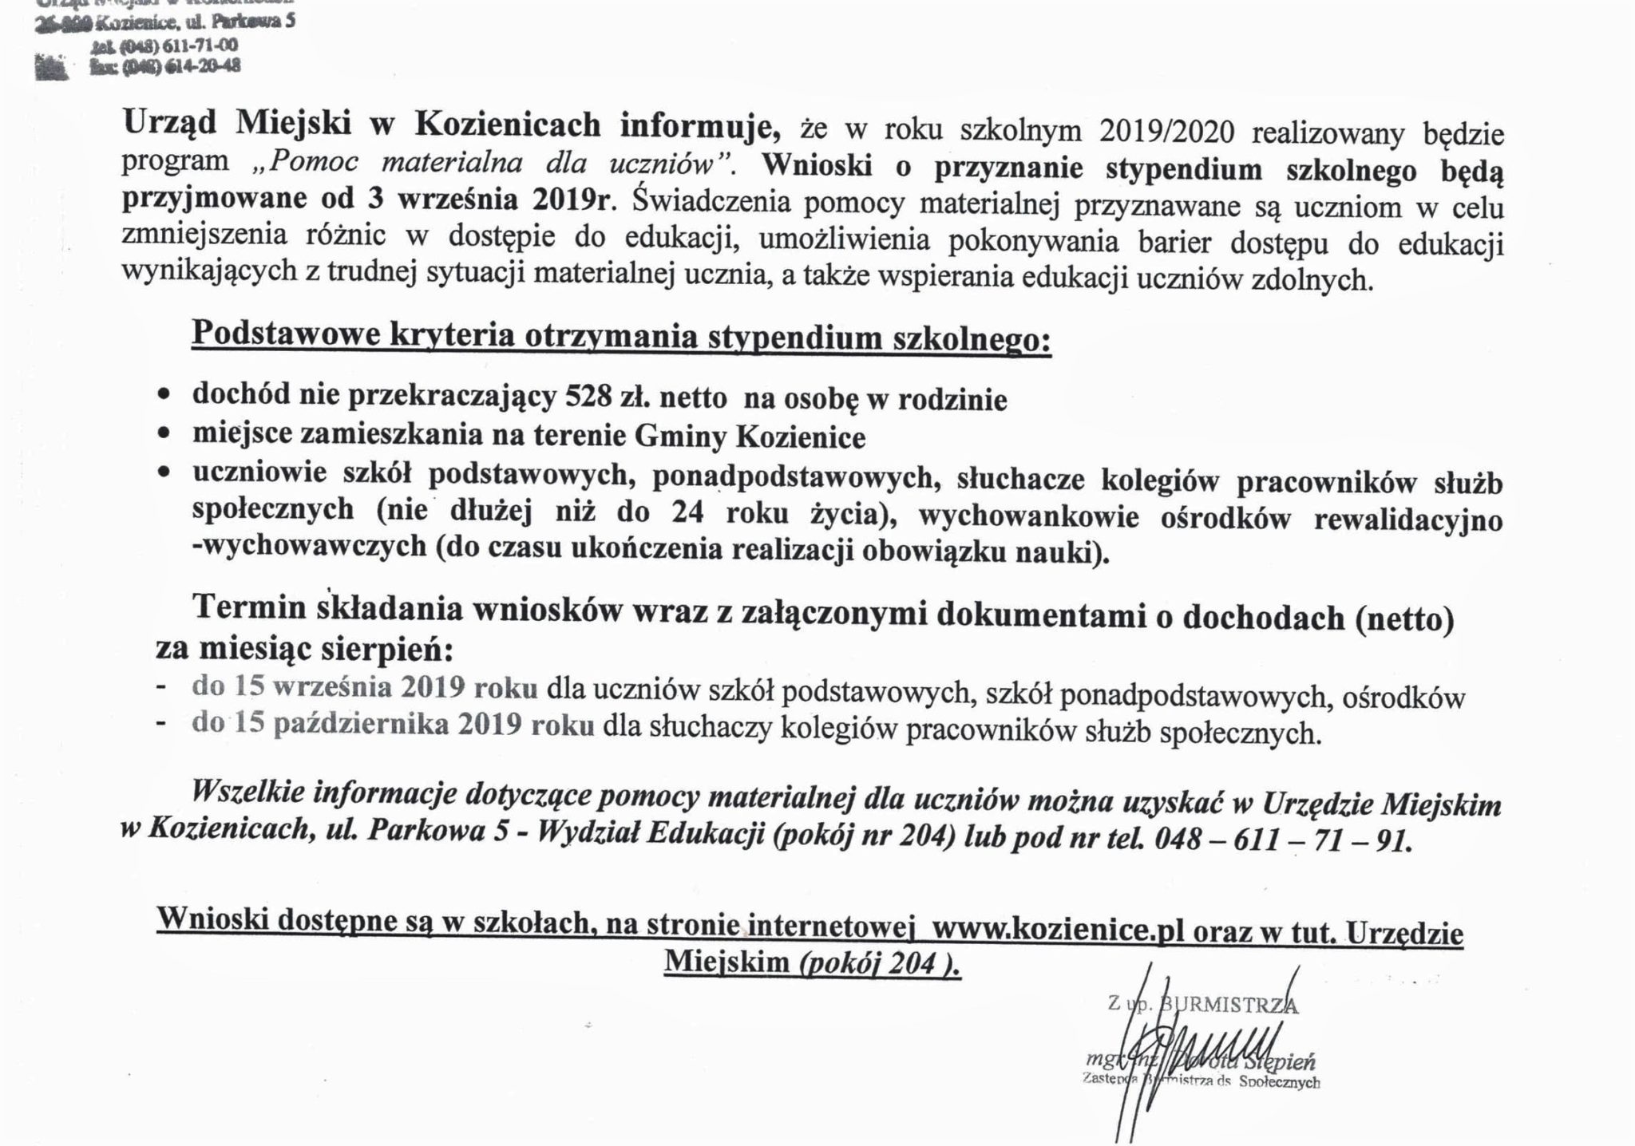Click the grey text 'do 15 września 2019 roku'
click(364, 689)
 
